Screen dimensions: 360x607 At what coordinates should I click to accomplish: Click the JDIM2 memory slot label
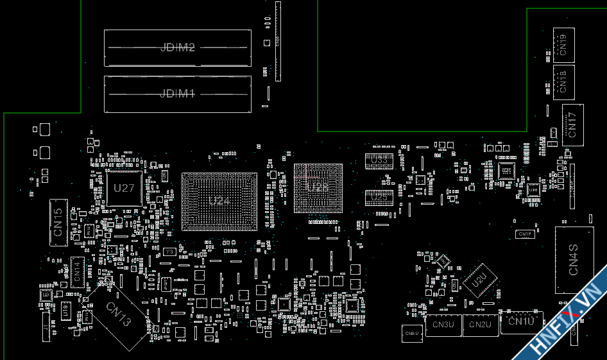177,47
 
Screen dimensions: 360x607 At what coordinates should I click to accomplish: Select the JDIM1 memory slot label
177,94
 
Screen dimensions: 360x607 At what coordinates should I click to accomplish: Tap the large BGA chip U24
218,201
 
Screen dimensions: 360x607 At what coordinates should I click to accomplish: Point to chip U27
124,189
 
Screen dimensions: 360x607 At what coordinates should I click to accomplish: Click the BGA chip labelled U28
318,187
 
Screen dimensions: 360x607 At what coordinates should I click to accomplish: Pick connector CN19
563,45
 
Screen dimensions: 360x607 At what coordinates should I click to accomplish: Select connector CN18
563,81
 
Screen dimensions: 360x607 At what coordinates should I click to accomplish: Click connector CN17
572,124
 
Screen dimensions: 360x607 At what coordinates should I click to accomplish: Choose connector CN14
76,271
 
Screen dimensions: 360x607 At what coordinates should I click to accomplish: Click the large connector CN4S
574,260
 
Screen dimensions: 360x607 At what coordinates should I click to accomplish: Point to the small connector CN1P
525,234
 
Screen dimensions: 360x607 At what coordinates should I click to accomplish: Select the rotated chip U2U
479,280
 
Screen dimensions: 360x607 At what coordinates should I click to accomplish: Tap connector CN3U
443,325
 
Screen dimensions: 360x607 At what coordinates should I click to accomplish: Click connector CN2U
480,325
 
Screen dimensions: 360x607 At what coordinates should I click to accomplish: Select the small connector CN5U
411,333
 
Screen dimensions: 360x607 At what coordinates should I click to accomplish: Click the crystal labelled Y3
169,252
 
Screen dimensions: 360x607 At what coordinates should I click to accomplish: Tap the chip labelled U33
379,160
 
